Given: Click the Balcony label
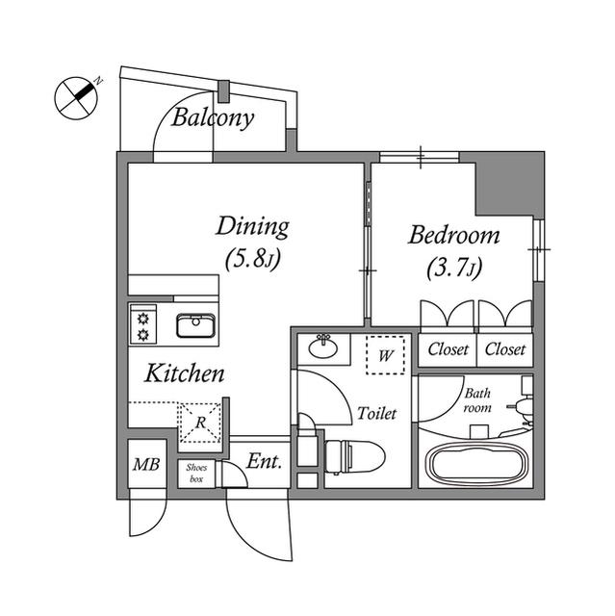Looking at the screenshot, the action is [213, 117].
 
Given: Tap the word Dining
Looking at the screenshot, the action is [252, 227].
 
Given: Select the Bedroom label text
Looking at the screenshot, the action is [454, 235].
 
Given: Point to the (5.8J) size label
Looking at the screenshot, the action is [253, 259].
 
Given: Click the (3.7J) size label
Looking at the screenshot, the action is [454, 269].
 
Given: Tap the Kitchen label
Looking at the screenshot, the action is [185, 373].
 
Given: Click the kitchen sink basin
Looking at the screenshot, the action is [195, 325].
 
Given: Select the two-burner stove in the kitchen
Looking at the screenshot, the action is [143, 324].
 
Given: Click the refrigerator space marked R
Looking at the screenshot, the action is [201, 423].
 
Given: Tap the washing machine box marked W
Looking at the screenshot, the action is [385, 355].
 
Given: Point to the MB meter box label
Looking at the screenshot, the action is [146, 465].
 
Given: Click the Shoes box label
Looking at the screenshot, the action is [196, 473].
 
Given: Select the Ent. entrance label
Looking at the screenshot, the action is [265, 462].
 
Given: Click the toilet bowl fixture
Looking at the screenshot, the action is [355, 457].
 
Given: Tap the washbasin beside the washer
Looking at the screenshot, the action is [323, 346].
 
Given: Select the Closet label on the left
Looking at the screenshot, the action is [448, 348].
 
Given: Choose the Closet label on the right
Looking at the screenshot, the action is [505, 348].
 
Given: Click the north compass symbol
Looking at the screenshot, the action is [77, 98].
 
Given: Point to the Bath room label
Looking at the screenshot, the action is [477, 400].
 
